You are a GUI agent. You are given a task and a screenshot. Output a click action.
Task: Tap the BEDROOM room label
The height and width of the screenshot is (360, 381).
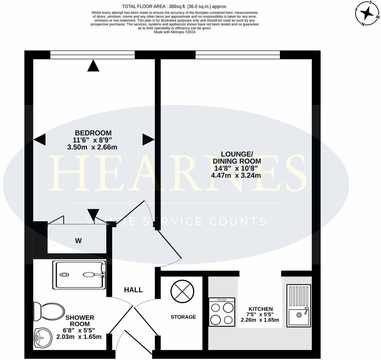tap(93, 133)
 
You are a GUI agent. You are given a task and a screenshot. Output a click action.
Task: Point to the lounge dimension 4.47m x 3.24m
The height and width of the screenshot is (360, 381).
tap(236, 175)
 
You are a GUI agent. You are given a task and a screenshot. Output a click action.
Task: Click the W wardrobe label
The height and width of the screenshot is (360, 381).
tap(78, 241)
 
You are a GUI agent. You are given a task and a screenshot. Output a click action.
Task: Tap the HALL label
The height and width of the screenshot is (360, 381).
tap(134, 290)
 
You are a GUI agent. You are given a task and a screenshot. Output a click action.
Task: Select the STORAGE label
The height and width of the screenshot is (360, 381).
tap(183, 317)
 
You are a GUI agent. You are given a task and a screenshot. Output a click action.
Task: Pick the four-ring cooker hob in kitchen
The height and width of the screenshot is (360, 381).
tap(222, 311)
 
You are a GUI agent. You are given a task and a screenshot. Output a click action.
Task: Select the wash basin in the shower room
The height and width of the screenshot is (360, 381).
tap(42, 337)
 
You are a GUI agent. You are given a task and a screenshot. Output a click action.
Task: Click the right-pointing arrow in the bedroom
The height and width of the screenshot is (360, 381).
tap(148, 140)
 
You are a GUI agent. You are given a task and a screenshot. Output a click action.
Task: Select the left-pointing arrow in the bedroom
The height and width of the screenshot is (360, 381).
tap(40, 140)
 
